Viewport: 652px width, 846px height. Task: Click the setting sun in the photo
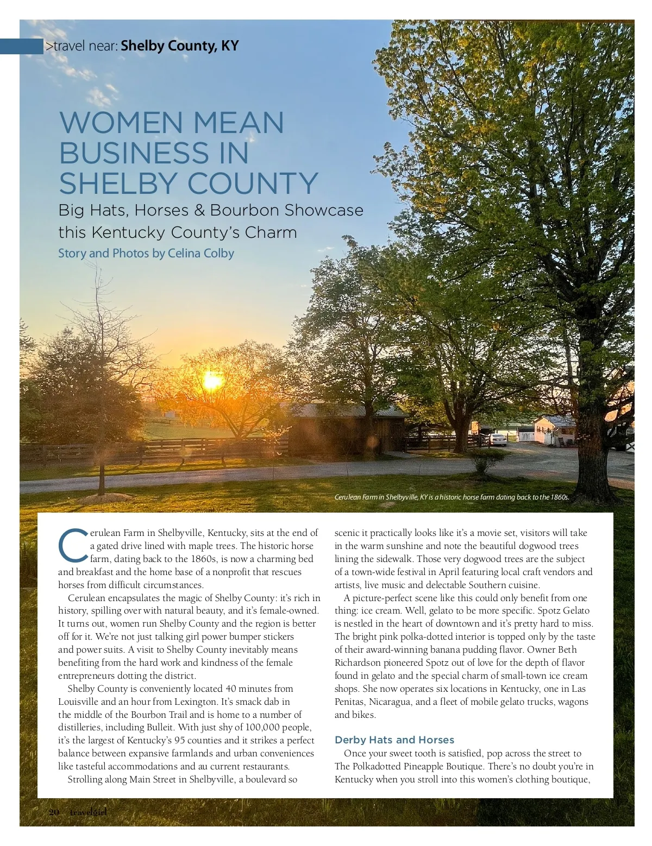211,382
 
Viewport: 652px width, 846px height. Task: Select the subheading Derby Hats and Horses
394,740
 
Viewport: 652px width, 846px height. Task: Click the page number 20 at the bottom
54,812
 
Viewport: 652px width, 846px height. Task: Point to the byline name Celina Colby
200,253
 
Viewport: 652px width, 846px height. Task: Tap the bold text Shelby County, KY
179,46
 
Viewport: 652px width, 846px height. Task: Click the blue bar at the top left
22,46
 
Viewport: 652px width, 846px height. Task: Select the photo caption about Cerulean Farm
452,497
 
